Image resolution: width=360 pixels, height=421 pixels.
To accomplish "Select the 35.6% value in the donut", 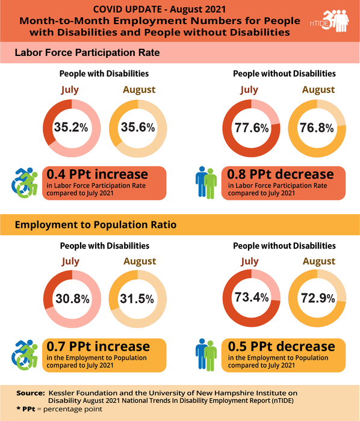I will pos(138,127).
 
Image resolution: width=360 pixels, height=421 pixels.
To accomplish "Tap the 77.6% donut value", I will pos(252,127).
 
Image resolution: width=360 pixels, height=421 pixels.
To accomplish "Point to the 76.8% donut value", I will pos(318,127).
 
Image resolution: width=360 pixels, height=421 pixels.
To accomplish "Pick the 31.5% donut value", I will pos(138,299).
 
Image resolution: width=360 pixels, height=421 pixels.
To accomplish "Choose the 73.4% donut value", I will pos(252,299).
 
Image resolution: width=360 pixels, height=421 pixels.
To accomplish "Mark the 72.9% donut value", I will pos(318,299).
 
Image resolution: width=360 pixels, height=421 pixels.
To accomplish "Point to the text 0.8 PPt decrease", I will pos(281,174).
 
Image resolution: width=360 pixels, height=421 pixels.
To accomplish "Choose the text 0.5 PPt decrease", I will pos(281,346).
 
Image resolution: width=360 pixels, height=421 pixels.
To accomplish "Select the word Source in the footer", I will pos(30,392).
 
